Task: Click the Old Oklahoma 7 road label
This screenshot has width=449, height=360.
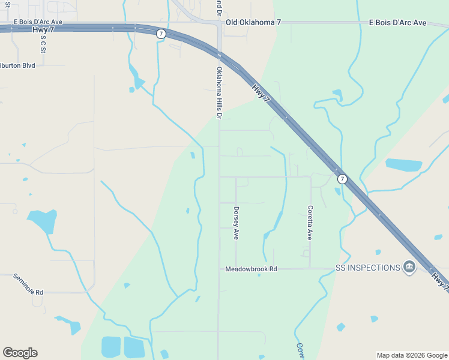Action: pyautogui.click(x=253, y=22)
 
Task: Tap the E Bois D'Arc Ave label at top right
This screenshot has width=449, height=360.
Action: pyautogui.click(x=397, y=22)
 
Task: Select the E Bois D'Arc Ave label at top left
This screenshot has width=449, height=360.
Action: pyautogui.click(x=38, y=22)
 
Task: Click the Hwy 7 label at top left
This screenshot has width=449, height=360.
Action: pyautogui.click(x=41, y=29)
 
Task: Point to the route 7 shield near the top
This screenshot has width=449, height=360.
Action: pyautogui.click(x=161, y=34)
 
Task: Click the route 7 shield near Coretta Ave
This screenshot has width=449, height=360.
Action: pyautogui.click(x=342, y=179)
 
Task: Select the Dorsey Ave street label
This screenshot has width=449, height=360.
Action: pyautogui.click(x=237, y=223)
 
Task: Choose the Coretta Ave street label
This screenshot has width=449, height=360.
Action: pyautogui.click(x=310, y=223)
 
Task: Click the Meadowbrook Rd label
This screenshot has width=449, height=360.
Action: pyautogui.click(x=251, y=269)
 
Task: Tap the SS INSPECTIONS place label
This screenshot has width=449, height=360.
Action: pyautogui.click(x=367, y=268)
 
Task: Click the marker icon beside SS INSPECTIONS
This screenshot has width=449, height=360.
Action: pyautogui.click(x=409, y=267)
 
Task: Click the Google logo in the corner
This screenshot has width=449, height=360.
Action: pyautogui.click(x=20, y=353)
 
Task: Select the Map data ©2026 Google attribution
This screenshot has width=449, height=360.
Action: pyautogui.click(x=412, y=355)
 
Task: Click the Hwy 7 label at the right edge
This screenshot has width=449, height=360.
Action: pyautogui.click(x=439, y=280)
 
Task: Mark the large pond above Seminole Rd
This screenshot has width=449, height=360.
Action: pyautogui.click(x=43, y=220)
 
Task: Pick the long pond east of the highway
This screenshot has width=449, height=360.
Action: pyautogui.click(x=403, y=164)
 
